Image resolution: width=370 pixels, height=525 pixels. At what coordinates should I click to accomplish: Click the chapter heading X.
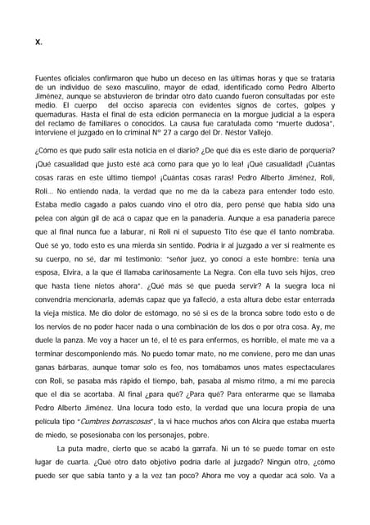pos(38,41)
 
